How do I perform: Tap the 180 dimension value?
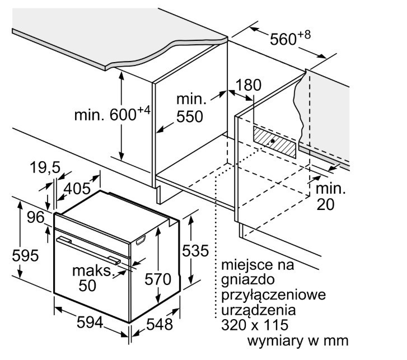pyautogui.click(x=249, y=85)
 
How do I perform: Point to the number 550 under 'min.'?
pyautogui.click(x=189, y=116)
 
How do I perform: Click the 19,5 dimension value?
pyautogui.click(x=45, y=167)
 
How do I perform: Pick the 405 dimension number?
pyautogui.click(x=77, y=189)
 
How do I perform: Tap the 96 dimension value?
pyautogui.click(x=36, y=217)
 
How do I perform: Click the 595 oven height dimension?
pyautogui.click(x=25, y=255)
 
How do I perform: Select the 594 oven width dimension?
pyautogui.click(x=90, y=322)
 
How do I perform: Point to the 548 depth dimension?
pyautogui.click(x=160, y=324)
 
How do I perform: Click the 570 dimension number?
pyautogui.click(x=158, y=279)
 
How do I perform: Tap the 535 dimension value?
pyautogui.click(x=195, y=251)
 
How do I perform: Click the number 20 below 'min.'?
pyautogui.click(x=325, y=205)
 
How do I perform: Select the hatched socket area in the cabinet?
pyautogui.click(x=274, y=142)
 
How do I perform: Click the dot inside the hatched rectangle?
pyautogui.click(x=273, y=141)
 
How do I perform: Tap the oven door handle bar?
pyautogui.click(x=88, y=250)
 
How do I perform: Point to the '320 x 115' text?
pyautogui.click(x=255, y=325)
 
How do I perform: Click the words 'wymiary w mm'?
pyautogui.click(x=298, y=340)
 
